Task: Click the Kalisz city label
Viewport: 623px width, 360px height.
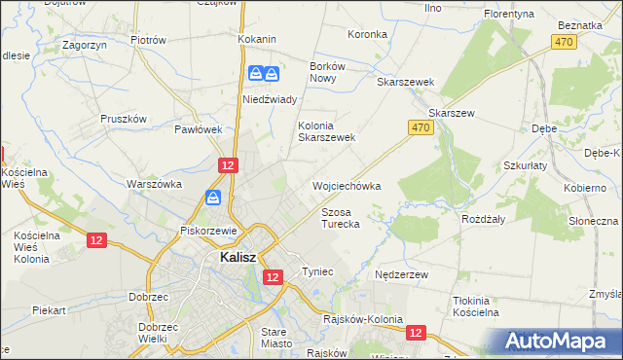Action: point(230,258)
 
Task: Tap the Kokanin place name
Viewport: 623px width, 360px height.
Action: point(257,39)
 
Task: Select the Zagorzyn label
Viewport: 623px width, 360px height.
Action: point(84,45)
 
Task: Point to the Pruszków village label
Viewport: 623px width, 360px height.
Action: point(124,119)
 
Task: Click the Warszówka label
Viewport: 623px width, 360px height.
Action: point(156,183)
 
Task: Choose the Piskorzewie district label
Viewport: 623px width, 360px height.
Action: point(209,231)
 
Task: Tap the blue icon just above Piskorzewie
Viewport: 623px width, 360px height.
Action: point(213,198)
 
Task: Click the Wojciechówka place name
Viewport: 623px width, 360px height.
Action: point(346,185)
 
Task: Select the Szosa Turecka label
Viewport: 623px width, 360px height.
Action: point(341,217)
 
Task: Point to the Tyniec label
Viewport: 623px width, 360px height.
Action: point(318,270)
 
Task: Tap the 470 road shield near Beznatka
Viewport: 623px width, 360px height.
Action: point(562,42)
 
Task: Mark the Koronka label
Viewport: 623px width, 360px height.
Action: point(368,34)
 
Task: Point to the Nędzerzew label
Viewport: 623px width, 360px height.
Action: point(402,275)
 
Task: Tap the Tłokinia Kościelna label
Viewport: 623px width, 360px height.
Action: point(476,306)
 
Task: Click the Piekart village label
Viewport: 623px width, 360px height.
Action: point(48,310)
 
